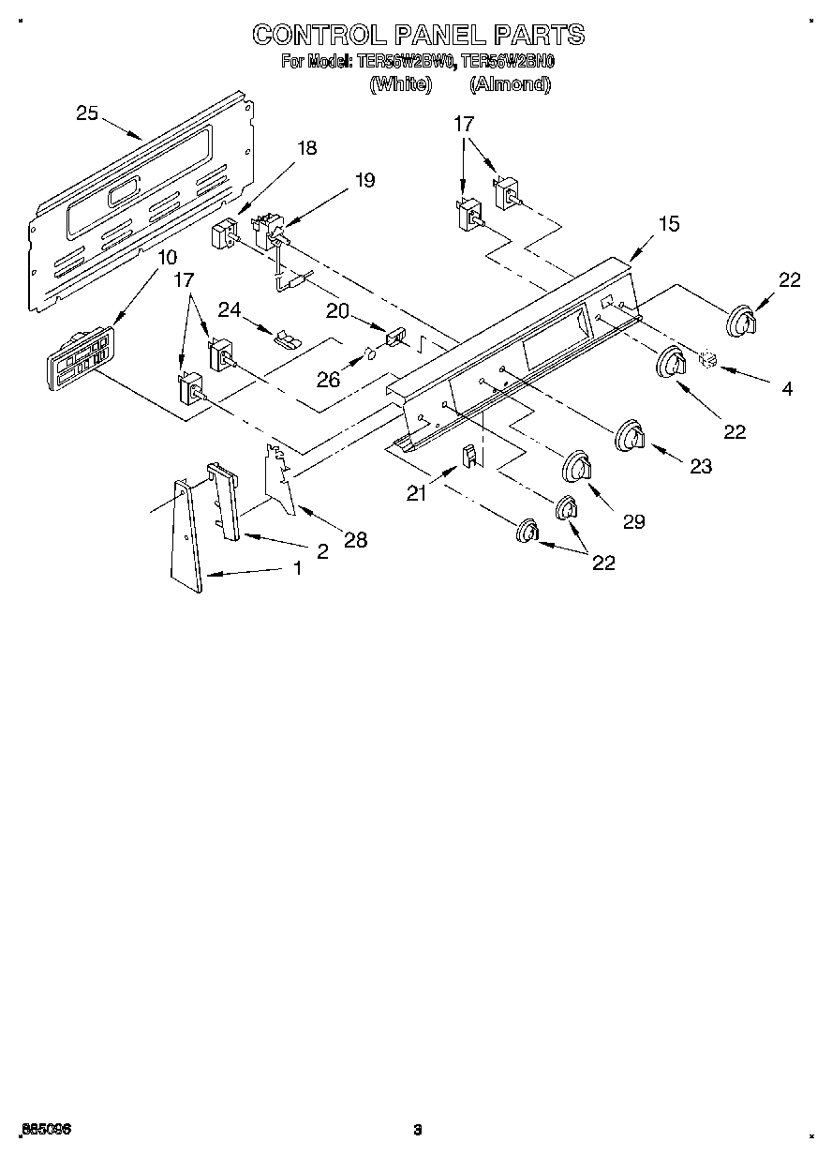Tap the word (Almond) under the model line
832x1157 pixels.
point(509,84)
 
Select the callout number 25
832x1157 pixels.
point(86,113)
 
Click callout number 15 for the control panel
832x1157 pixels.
point(668,224)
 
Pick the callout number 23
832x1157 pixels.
point(700,466)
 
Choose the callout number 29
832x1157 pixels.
point(633,521)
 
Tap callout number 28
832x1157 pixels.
point(355,539)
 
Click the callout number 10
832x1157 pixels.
point(166,257)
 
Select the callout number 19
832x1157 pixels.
point(364,180)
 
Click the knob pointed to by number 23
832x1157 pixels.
point(630,436)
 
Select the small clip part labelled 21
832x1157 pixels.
point(469,456)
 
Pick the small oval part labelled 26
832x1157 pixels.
point(370,354)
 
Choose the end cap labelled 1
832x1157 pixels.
point(187,535)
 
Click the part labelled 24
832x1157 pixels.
point(284,338)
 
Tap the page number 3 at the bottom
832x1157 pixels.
point(418,1129)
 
